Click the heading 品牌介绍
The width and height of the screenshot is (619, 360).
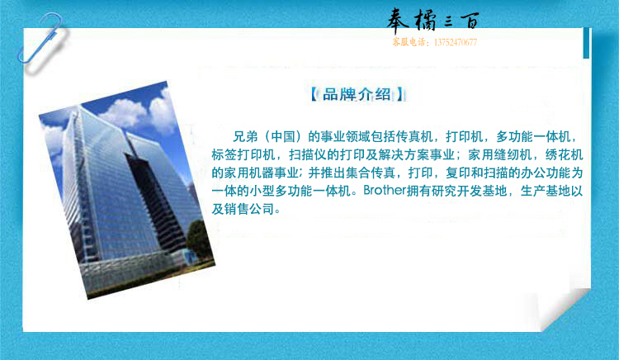click(x=357, y=95)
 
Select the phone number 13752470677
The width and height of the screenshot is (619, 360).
click(x=455, y=42)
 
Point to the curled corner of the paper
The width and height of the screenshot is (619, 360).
click(x=563, y=308)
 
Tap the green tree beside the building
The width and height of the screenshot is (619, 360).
click(x=200, y=241)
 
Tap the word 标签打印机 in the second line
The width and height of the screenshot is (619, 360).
click(x=243, y=154)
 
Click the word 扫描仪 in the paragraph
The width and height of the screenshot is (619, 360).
click(x=308, y=154)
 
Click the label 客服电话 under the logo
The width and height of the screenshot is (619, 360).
click(x=409, y=42)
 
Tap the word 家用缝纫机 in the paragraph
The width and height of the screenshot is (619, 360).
click(x=500, y=154)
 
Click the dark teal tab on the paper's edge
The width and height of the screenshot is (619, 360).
click(x=586, y=43)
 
